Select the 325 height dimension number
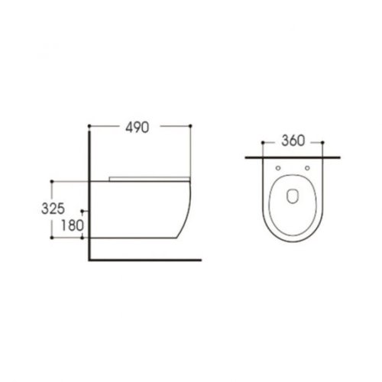click(x=64, y=207)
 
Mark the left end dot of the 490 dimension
click(x=90, y=125)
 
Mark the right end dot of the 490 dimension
click(x=188, y=125)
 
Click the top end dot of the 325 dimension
click(x=52, y=181)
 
